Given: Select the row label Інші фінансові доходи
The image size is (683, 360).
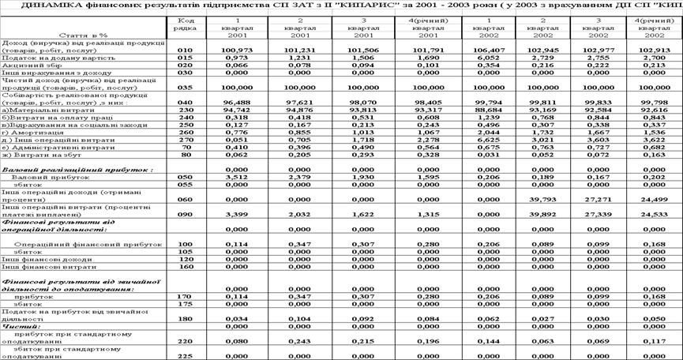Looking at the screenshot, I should tap(39, 259).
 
